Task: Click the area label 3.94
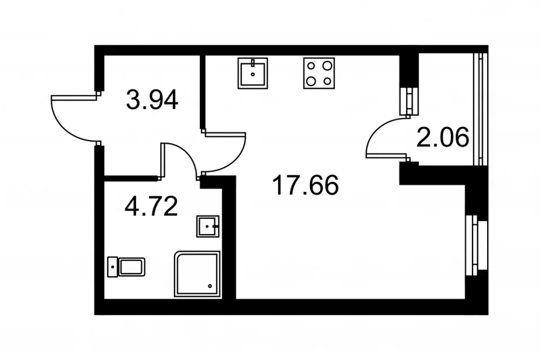[x=152, y=99]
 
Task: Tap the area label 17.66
[x=305, y=185]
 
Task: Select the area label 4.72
[x=151, y=206]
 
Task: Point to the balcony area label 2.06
[x=443, y=137]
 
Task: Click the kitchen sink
[x=253, y=73]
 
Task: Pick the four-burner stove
[x=319, y=73]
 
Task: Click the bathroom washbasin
[x=208, y=226]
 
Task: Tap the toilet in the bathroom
[x=126, y=267]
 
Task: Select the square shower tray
[x=197, y=273]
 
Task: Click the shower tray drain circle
[x=210, y=286]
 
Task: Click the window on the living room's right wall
[x=476, y=245]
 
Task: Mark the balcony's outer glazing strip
[x=481, y=109]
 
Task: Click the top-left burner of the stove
[x=311, y=65]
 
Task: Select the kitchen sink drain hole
[x=253, y=74]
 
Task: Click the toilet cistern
[x=112, y=267]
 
